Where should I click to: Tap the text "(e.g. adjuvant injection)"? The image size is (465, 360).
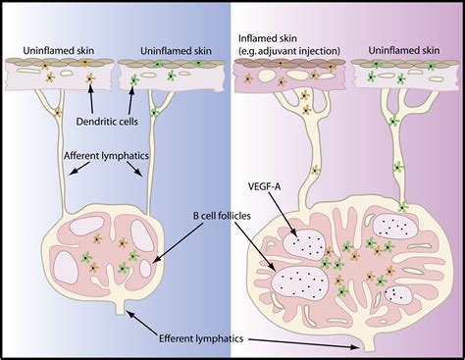tap(286, 48)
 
